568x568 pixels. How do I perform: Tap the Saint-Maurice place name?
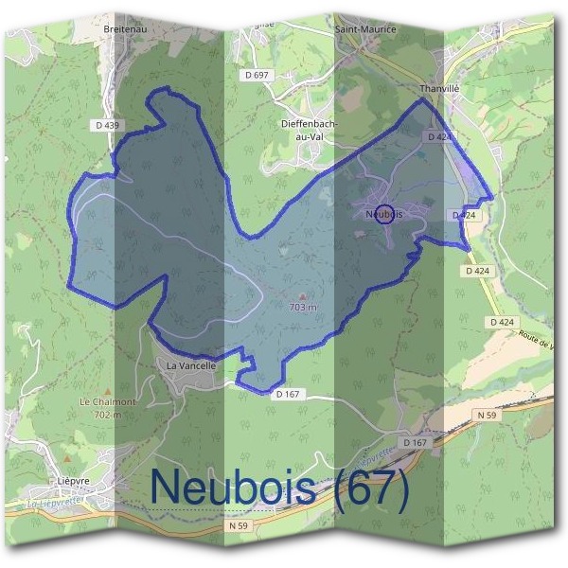pos(365,29)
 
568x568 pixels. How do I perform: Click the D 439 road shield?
pos(108,125)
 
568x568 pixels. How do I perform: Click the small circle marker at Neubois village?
pos(384,214)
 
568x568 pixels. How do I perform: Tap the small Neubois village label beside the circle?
pos(382,215)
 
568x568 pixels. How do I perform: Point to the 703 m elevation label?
pos(302,308)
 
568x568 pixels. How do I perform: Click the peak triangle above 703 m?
pos(302,296)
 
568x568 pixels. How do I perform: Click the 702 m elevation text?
pos(110,414)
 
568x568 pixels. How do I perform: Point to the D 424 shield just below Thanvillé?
pos(438,137)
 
